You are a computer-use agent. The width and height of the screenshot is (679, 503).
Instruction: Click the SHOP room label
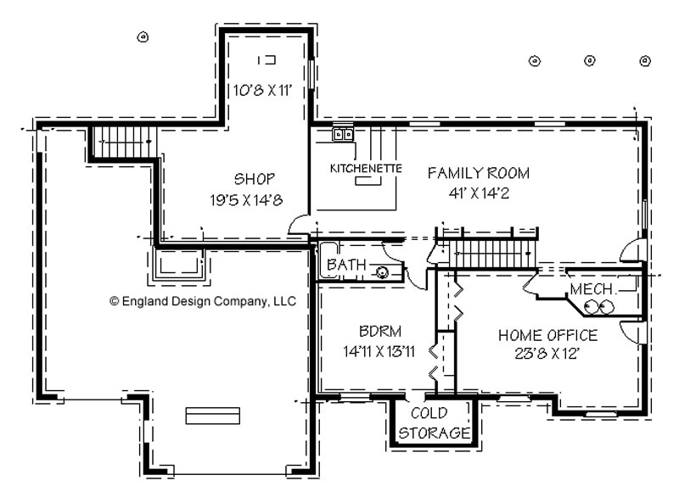pyautogui.click(x=254, y=179)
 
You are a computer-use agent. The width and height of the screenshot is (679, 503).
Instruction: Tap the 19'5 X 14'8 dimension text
pyautogui.click(x=246, y=200)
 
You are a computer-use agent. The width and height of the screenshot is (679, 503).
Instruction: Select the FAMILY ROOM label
pyautogui.click(x=479, y=173)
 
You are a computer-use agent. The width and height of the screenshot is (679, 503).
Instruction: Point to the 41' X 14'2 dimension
pyautogui.click(x=479, y=193)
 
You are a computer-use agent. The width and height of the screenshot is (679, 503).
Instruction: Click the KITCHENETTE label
pyautogui.click(x=366, y=168)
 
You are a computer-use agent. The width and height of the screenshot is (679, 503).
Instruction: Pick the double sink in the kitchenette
pyautogui.click(x=343, y=134)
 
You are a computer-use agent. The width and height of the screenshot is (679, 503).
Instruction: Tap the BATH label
pyautogui.click(x=346, y=264)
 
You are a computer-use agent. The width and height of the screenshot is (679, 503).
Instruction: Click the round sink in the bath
pyautogui.click(x=382, y=272)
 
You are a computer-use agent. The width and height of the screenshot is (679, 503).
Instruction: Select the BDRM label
pyautogui.click(x=380, y=331)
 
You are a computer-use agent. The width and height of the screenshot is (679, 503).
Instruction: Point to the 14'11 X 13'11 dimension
pyautogui.click(x=379, y=351)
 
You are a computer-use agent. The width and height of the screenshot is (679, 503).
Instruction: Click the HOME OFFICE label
pyautogui.click(x=547, y=335)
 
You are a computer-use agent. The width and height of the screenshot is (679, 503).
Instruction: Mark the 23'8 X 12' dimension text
pyautogui.click(x=547, y=354)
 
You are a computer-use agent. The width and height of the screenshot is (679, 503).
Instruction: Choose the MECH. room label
pyautogui.click(x=592, y=288)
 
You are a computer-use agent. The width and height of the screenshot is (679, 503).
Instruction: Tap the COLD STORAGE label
pyautogui.click(x=433, y=423)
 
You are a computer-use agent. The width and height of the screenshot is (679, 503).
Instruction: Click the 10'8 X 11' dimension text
pyautogui.click(x=262, y=91)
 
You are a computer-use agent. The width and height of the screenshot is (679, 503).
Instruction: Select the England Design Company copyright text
pyautogui.click(x=203, y=301)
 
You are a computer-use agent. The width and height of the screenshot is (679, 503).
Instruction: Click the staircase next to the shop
pyautogui.click(x=124, y=143)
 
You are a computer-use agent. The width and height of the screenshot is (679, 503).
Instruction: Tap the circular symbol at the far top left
pyautogui.click(x=143, y=37)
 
